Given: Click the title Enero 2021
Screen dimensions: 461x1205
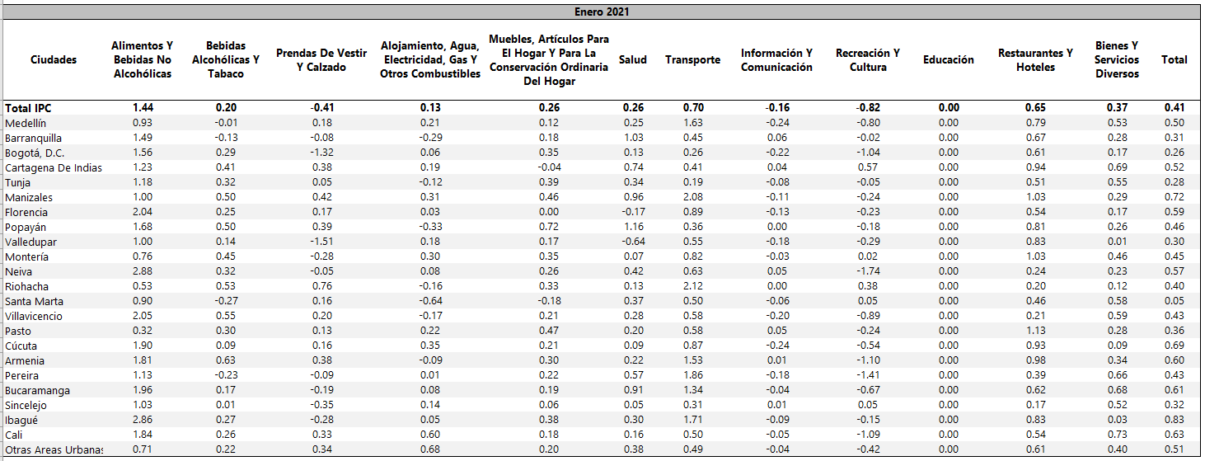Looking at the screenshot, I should coord(602,12).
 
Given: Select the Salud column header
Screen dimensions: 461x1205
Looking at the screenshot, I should coord(632,59).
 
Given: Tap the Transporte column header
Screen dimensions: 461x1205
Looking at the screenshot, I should coord(692,59).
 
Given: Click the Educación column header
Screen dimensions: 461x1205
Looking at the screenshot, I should coord(948,59).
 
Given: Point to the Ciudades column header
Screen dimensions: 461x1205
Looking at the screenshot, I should coord(54,59).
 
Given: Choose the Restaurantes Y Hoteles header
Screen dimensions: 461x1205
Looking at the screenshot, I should coord(1035,59).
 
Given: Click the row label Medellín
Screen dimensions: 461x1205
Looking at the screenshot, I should coord(26,123).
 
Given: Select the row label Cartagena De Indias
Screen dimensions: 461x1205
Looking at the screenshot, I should coord(54,167).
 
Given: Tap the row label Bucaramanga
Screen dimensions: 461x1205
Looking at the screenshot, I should coord(37,390).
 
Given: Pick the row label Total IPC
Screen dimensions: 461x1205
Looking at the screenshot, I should coord(28,108).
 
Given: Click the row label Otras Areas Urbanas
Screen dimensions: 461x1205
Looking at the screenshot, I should coord(54,449).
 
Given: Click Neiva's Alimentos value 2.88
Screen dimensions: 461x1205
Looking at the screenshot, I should coord(143,271).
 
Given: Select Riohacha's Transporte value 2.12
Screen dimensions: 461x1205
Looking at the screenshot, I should coord(692,286).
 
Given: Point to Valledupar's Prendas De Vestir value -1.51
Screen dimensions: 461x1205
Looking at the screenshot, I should coord(321,242).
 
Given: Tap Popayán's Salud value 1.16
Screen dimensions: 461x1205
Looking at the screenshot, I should coord(632,227).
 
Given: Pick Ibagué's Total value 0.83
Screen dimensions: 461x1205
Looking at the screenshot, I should coord(1175,420).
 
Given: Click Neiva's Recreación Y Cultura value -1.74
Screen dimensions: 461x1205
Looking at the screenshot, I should coord(867,271).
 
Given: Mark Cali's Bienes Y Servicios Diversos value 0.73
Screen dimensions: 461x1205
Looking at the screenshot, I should coord(1117,435).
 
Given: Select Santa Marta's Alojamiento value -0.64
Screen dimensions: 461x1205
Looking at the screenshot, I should coord(429,301).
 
